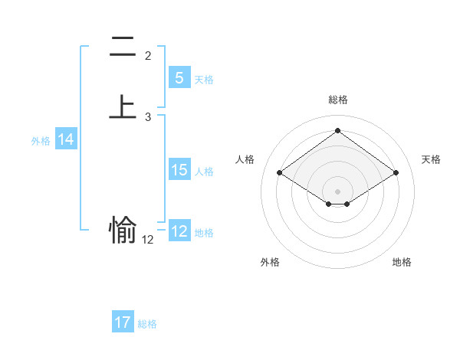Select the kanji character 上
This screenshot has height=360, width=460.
[123, 106]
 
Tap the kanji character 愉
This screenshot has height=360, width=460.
[123, 228]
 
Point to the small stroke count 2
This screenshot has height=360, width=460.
[148, 56]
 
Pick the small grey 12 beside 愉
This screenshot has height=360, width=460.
[148, 240]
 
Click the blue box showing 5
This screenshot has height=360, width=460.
[179, 77]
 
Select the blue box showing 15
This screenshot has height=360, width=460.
[179, 170]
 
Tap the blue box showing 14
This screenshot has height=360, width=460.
[66, 139]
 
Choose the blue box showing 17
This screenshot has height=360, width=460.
[123, 322]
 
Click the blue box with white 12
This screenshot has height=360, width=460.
[179, 231]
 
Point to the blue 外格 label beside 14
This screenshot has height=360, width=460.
[41, 141]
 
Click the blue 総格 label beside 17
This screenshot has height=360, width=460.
[147, 324]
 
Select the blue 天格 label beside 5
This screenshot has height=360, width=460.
[204, 79]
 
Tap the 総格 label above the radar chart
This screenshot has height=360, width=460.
[338, 100]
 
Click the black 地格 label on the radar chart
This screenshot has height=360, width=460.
[402, 262]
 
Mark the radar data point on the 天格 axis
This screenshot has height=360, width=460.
[396, 173]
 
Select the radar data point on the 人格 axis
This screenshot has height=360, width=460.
[280, 173]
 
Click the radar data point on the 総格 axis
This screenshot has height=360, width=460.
[338, 130]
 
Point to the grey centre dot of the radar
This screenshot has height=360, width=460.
[338, 191]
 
